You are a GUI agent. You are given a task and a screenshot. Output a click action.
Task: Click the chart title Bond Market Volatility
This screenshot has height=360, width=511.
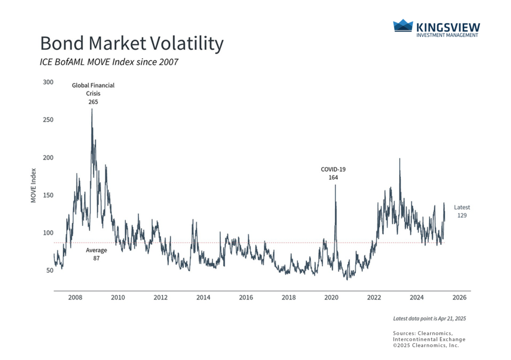click(x=132, y=44)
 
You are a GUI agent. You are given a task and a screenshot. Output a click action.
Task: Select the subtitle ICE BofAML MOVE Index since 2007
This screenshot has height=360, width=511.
click(x=109, y=62)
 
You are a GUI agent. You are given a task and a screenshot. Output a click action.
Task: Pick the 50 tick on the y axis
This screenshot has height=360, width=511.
click(x=48, y=271)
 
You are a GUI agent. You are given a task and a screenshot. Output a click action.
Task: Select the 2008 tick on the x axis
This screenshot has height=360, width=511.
click(x=75, y=298)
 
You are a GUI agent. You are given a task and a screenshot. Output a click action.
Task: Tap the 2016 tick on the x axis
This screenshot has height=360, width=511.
click(x=246, y=298)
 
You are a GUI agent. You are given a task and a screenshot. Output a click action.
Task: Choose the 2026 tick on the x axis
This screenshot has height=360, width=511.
click(x=460, y=298)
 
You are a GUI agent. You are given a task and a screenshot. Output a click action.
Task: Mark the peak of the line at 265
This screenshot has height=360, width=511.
click(x=92, y=109)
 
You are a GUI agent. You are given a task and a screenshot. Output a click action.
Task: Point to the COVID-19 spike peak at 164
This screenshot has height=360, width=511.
click(x=335, y=185)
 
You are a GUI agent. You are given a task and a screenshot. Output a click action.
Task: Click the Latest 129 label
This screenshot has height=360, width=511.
click(x=462, y=211)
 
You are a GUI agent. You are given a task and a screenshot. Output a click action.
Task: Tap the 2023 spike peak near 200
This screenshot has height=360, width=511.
click(x=400, y=159)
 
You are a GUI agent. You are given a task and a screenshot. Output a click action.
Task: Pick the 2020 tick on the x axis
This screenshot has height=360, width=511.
click(x=331, y=298)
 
